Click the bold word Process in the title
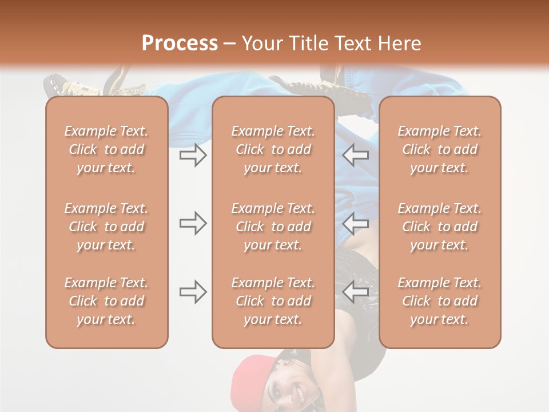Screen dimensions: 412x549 (x=180, y=43)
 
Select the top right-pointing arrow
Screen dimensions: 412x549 (x=193, y=154)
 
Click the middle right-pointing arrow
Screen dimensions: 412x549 (x=193, y=223)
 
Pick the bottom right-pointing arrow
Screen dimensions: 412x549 (x=193, y=292)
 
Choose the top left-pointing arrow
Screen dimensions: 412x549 (x=356, y=154)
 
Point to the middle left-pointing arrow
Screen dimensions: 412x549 (x=356, y=223)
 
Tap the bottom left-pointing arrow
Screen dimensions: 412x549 (x=356, y=292)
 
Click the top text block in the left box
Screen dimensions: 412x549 (x=106, y=149)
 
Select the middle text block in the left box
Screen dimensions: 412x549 (x=106, y=227)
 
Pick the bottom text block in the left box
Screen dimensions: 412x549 (x=106, y=301)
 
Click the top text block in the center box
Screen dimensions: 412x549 (x=273, y=149)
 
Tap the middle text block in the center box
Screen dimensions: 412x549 (x=273, y=227)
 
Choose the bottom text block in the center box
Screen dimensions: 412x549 (x=273, y=301)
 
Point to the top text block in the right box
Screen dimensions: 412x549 (x=439, y=149)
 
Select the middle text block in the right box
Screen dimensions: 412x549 (x=439, y=227)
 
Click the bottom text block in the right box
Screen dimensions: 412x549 (x=439, y=301)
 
